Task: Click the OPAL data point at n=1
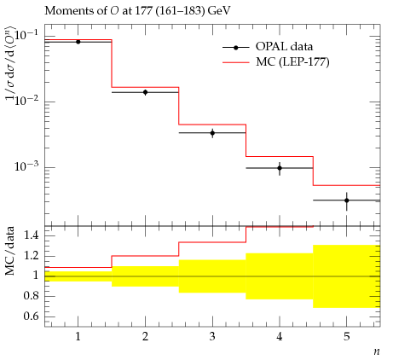[x=78, y=42]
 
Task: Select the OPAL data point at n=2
[x=145, y=92]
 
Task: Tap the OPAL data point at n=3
[x=212, y=133]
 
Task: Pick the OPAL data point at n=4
[x=280, y=168]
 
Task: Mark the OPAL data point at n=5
[x=347, y=200]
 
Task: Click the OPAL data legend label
[x=284, y=47]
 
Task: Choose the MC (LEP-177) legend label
[x=292, y=61]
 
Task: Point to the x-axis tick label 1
[x=78, y=337]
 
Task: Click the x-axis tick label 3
[x=212, y=337]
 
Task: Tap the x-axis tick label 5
[x=347, y=337]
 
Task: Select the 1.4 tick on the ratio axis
[x=31, y=235]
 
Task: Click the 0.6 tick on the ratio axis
[x=31, y=316]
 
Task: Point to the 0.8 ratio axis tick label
[x=31, y=295]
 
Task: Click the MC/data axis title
[x=9, y=251]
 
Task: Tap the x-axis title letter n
[x=377, y=351]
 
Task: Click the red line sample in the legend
[x=236, y=61]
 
